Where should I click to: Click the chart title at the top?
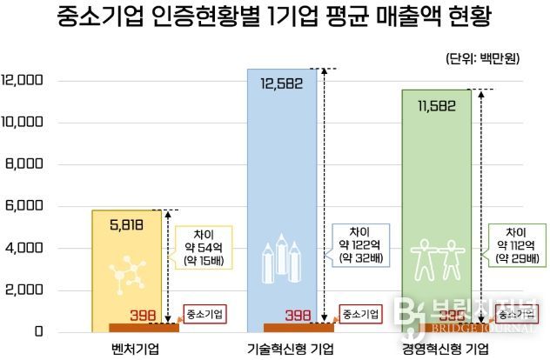point(275,17)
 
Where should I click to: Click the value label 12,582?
point(283,83)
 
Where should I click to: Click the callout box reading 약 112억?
point(513,246)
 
